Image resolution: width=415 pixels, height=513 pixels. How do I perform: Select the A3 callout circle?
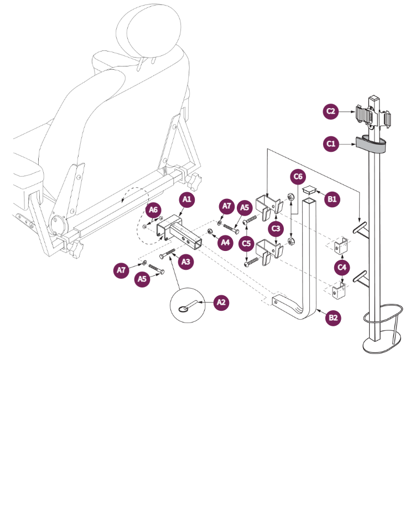(x=186, y=261)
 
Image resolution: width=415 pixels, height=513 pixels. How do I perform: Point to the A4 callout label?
(x=225, y=242)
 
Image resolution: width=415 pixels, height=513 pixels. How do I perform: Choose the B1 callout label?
(x=332, y=198)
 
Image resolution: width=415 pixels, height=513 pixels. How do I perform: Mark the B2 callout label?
(x=333, y=317)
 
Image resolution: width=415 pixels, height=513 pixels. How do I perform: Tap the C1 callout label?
(x=331, y=143)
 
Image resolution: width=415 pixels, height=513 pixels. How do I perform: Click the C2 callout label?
(x=331, y=111)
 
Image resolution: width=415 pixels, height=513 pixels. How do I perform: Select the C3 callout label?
(x=275, y=228)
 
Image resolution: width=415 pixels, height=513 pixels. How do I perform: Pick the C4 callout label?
(x=343, y=268)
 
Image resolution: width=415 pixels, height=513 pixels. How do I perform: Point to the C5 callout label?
(x=246, y=243)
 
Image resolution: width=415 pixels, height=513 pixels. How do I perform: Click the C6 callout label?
(x=298, y=177)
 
